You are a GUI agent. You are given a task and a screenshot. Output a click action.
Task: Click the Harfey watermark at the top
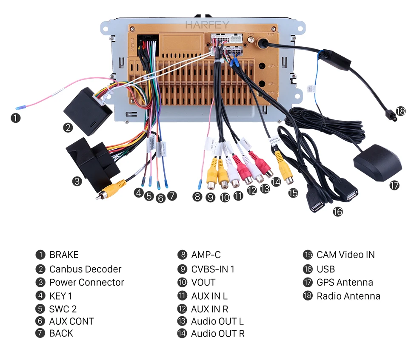point(207,25)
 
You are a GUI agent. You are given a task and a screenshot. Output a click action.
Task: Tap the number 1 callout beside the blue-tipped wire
point(15,118)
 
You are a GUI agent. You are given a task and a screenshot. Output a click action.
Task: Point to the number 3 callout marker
point(77,181)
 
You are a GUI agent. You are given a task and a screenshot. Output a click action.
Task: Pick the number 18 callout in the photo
point(400,111)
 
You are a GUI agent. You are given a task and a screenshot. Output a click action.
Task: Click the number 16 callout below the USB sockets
point(337,211)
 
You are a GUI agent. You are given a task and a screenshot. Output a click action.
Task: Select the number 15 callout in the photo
point(293,193)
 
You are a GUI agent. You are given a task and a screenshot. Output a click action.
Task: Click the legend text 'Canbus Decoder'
point(85,269)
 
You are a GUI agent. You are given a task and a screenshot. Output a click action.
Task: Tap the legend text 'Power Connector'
point(86,282)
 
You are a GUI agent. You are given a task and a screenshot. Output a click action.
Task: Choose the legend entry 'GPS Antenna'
point(345,282)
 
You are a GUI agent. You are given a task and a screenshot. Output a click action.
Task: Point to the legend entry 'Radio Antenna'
point(348,296)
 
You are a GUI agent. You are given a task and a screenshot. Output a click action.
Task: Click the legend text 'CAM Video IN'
point(346,255)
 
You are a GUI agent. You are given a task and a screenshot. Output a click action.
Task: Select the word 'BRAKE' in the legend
point(64,255)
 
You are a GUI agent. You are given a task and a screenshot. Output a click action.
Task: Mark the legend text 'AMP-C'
point(206,255)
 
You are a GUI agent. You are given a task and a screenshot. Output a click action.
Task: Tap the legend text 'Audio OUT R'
point(217,334)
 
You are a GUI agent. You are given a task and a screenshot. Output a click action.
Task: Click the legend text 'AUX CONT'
point(71,321)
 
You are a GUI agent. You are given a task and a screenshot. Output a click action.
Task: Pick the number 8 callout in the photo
point(197,196)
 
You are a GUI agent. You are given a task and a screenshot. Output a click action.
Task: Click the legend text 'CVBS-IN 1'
point(212,269)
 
